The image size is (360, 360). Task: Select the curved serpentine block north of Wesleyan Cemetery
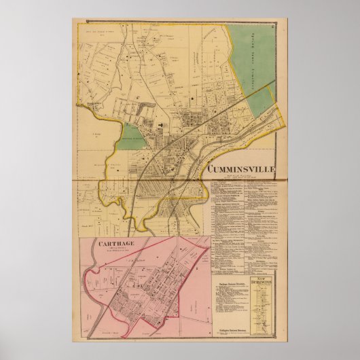[x=142, y=109]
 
